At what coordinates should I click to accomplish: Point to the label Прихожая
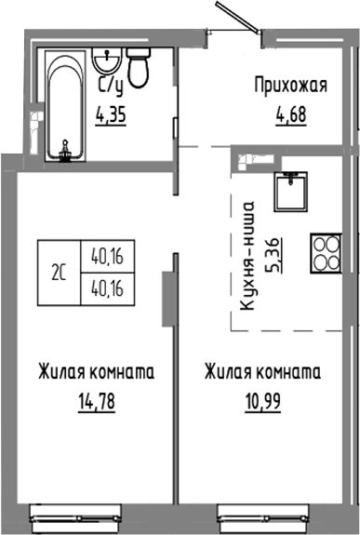point(291,87)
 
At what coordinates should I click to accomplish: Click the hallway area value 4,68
point(290,118)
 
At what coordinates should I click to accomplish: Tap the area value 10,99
point(261,406)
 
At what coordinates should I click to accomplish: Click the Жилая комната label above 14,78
point(96,374)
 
